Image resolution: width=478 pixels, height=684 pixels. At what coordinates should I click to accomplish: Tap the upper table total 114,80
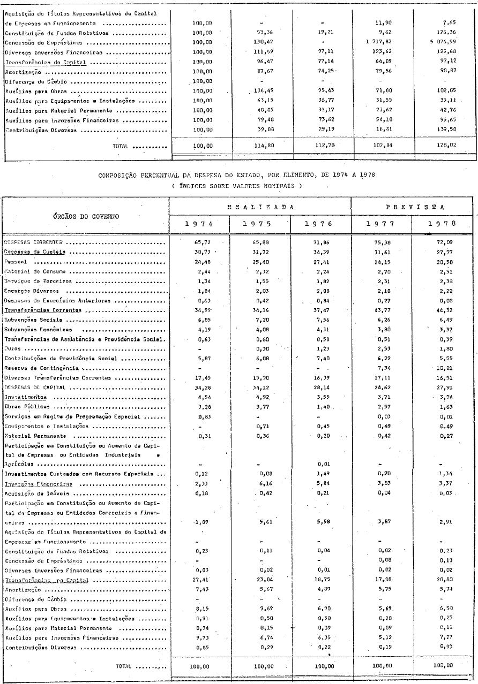(263, 146)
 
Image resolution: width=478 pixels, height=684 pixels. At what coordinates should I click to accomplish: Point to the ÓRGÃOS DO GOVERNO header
(86, 216)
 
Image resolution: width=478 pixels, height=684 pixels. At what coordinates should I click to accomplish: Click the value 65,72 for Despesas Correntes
(199, 242)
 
